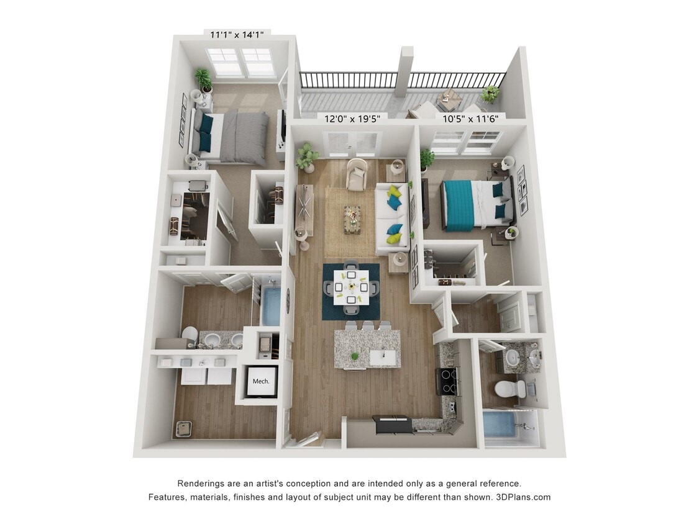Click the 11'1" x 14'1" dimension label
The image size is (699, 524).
coord(237,35)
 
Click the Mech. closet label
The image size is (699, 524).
coord(261,381)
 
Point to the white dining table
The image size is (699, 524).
coord(351,286)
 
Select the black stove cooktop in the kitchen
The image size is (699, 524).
coord(449,380)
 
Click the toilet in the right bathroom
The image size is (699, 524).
coord(509,390)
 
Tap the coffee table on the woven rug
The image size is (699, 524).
coord(352,219)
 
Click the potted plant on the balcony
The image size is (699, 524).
coord(490,94)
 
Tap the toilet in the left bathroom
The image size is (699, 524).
coord(190,335)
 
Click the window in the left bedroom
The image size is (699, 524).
coord(241,62)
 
